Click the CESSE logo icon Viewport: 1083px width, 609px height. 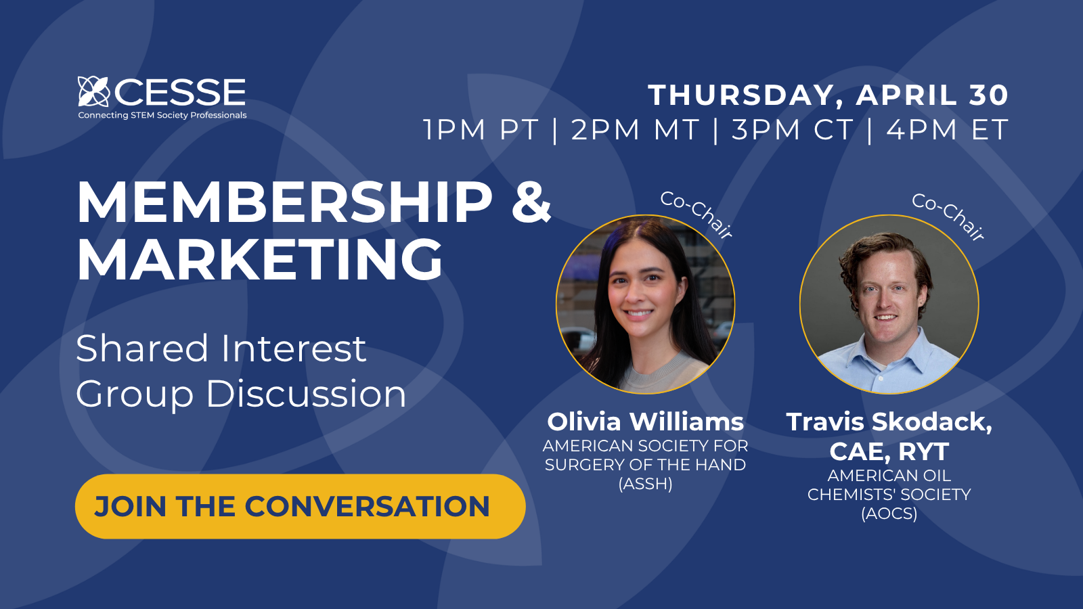pos(93,91)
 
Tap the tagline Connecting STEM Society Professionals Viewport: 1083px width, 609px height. pos(162,116)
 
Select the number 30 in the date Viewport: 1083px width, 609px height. pos(988,95)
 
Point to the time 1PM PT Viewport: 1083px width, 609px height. pos(481,130)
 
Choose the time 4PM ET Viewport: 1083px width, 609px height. pos(948,130)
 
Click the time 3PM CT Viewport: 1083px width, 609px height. pos(792,130)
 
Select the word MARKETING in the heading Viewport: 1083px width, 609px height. pos(260,260)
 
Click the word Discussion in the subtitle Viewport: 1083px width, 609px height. pos(306,394)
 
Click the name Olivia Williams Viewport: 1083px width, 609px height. pos(645,422)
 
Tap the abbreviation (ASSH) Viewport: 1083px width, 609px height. pos(645,484)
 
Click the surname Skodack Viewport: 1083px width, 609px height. pos(931,422)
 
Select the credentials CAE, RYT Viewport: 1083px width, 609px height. pos(889,451)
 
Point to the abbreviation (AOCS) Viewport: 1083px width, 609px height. pos(889,514)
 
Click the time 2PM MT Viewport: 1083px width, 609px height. pos(635,130)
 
